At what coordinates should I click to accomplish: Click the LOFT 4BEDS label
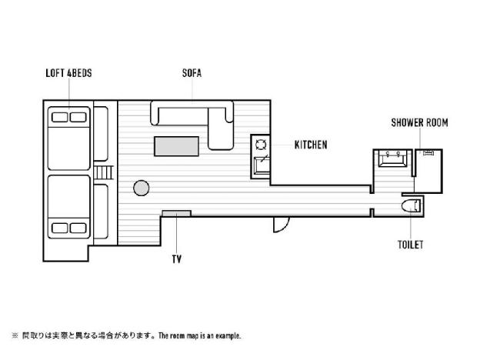(x=68, y=73)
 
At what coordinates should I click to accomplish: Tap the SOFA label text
(x=192, y=73)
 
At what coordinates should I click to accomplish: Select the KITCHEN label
(x=311, y=145)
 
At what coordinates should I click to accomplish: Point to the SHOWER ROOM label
(x=420, y=123)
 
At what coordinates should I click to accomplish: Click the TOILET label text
(x=411, y=245)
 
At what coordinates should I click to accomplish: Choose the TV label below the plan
(x=177, y=259)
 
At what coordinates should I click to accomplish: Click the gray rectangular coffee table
(x=177, y=146)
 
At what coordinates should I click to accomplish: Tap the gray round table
(x=142, y=188)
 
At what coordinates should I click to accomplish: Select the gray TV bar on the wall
(x=177, y=213)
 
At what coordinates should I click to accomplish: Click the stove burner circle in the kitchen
(x=261, y=145)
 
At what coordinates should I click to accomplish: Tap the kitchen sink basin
(x=262, y=165)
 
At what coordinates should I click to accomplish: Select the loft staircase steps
(x=104, y=172)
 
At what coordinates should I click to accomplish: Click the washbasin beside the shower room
(x=393, y=158)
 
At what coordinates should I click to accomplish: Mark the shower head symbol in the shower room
(x=428, y=152)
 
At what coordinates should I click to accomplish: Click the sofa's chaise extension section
(x=221, y=128)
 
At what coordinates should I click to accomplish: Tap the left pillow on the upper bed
(x=60, y=117)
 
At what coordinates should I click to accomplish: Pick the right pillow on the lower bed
(x=78, y=228)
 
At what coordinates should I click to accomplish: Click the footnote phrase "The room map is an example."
(x=199, y=336)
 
